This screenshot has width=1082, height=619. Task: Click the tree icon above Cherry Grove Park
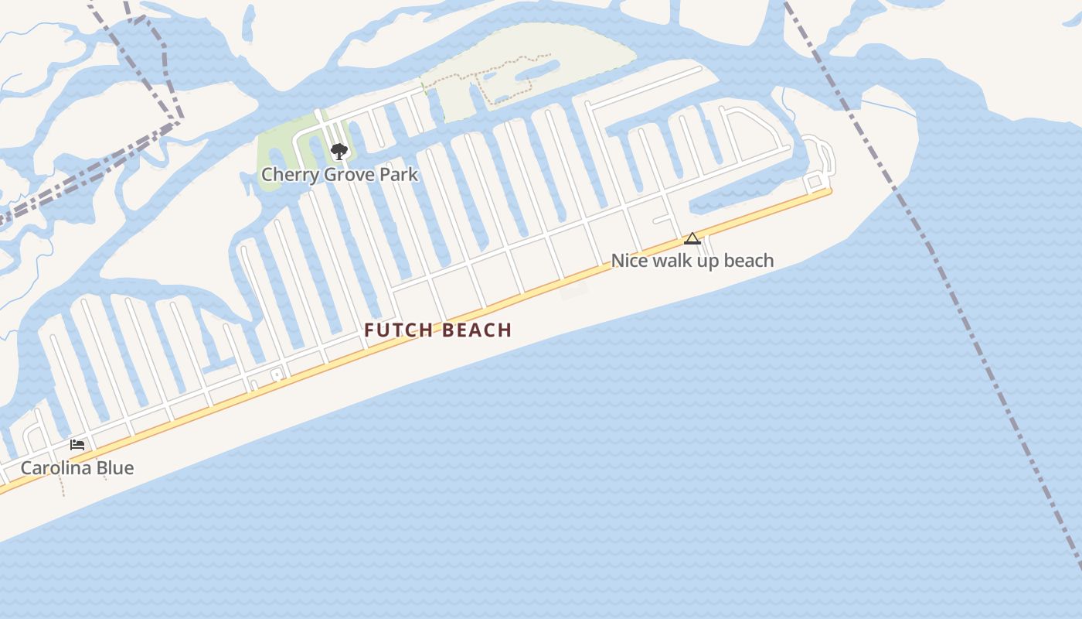pos(339,151)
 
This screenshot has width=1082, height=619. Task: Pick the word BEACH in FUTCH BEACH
pos(478,330)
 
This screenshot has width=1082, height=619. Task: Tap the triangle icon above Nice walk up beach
pos(692,239)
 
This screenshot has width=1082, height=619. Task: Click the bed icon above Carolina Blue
pos(77,445)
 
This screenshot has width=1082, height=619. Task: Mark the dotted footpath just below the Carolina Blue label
pos(62,487)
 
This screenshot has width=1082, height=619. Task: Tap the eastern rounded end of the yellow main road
pos(829,190)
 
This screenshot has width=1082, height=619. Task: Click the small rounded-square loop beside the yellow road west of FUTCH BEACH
pos(276,375)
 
